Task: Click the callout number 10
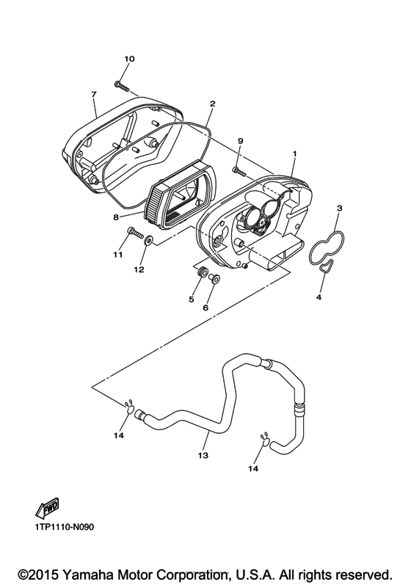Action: coord(129,59)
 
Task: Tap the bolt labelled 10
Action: coord(122,86)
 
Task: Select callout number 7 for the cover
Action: coord(93,95)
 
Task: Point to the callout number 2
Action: coord(213,103)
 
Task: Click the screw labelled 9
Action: coord(239,172)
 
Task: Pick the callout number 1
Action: coord(294,153)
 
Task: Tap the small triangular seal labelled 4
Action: coord(327,266)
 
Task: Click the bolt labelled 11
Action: coord(136,233)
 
